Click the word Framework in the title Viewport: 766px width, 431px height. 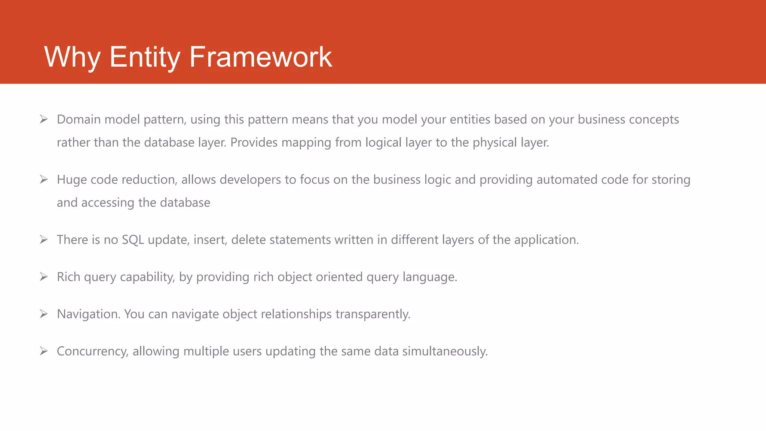(261, 57)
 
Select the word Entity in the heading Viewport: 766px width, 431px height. (145, 57)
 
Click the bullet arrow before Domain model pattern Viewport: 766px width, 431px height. (44, 119)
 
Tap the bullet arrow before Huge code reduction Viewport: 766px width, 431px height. (44, 180)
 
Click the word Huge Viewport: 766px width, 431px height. (71, 180)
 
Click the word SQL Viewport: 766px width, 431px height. (133, 240)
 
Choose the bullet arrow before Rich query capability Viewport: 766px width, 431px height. (44, 277)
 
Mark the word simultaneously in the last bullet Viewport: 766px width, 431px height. (445, 351)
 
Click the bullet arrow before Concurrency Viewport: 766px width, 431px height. (44, 351)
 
